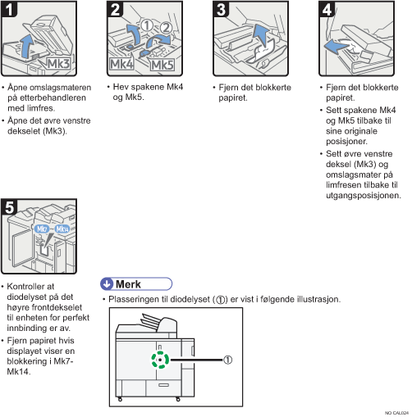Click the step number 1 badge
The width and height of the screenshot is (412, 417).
coord(9,9)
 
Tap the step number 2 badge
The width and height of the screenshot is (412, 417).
coord(115,9)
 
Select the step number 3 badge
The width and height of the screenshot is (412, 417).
coord(221,9)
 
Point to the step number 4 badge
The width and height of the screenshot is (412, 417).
coord(327,9)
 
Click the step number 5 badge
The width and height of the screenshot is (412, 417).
coord(9,207)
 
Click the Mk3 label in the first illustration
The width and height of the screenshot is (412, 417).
coord(58,64)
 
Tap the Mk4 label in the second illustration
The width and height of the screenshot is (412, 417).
coord(121,65)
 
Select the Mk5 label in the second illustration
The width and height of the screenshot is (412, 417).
coord(163,66)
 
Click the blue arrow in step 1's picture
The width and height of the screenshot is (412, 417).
coord(27,47)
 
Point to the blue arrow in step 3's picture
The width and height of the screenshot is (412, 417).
coord(260,35)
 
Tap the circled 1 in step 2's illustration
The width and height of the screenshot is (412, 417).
coord(147,25)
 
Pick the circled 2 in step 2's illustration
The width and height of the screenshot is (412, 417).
coord(165,28)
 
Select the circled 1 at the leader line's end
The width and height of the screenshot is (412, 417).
coord(228,360)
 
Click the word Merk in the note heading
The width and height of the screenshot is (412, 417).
coord(128,284)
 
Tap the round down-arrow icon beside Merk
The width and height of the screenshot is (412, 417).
coord(107,284)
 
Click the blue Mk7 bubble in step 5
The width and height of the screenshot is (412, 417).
coord(42,229)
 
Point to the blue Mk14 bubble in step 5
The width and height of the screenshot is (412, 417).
coord(62,229)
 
